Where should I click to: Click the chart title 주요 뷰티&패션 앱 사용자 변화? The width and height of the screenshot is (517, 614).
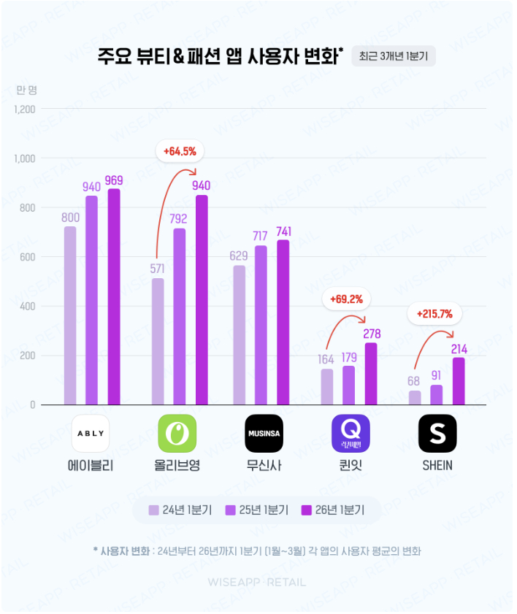pos(220,57)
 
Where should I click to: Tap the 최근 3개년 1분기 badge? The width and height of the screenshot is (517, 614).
pos(394,56)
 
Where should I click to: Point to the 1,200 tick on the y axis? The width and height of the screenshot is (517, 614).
pos(24,110)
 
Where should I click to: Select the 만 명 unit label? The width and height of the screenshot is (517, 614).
pos(26,90)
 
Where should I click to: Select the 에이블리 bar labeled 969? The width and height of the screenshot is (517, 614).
pos(114,296)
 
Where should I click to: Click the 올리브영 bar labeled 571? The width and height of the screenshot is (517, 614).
pos(158,341)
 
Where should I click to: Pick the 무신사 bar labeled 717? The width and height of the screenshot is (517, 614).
pos(261,325)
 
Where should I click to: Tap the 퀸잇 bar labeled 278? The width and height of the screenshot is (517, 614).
pos(371,373)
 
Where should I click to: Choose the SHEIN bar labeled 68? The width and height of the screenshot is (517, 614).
pos(415,397)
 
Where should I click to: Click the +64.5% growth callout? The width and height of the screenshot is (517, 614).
pos(180,152)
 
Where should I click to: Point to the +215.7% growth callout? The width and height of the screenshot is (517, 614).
pos(434,315)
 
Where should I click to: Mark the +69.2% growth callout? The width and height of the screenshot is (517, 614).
pos(347,299)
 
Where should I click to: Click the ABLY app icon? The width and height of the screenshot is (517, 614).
pos(91,433)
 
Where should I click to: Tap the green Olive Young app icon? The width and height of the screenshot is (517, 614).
pos(177,433)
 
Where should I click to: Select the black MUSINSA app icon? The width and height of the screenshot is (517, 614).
pos(263,433)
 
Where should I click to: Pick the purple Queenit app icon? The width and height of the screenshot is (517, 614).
pos(351,433)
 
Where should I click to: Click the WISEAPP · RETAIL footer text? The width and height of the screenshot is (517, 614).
pos(257,582)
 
